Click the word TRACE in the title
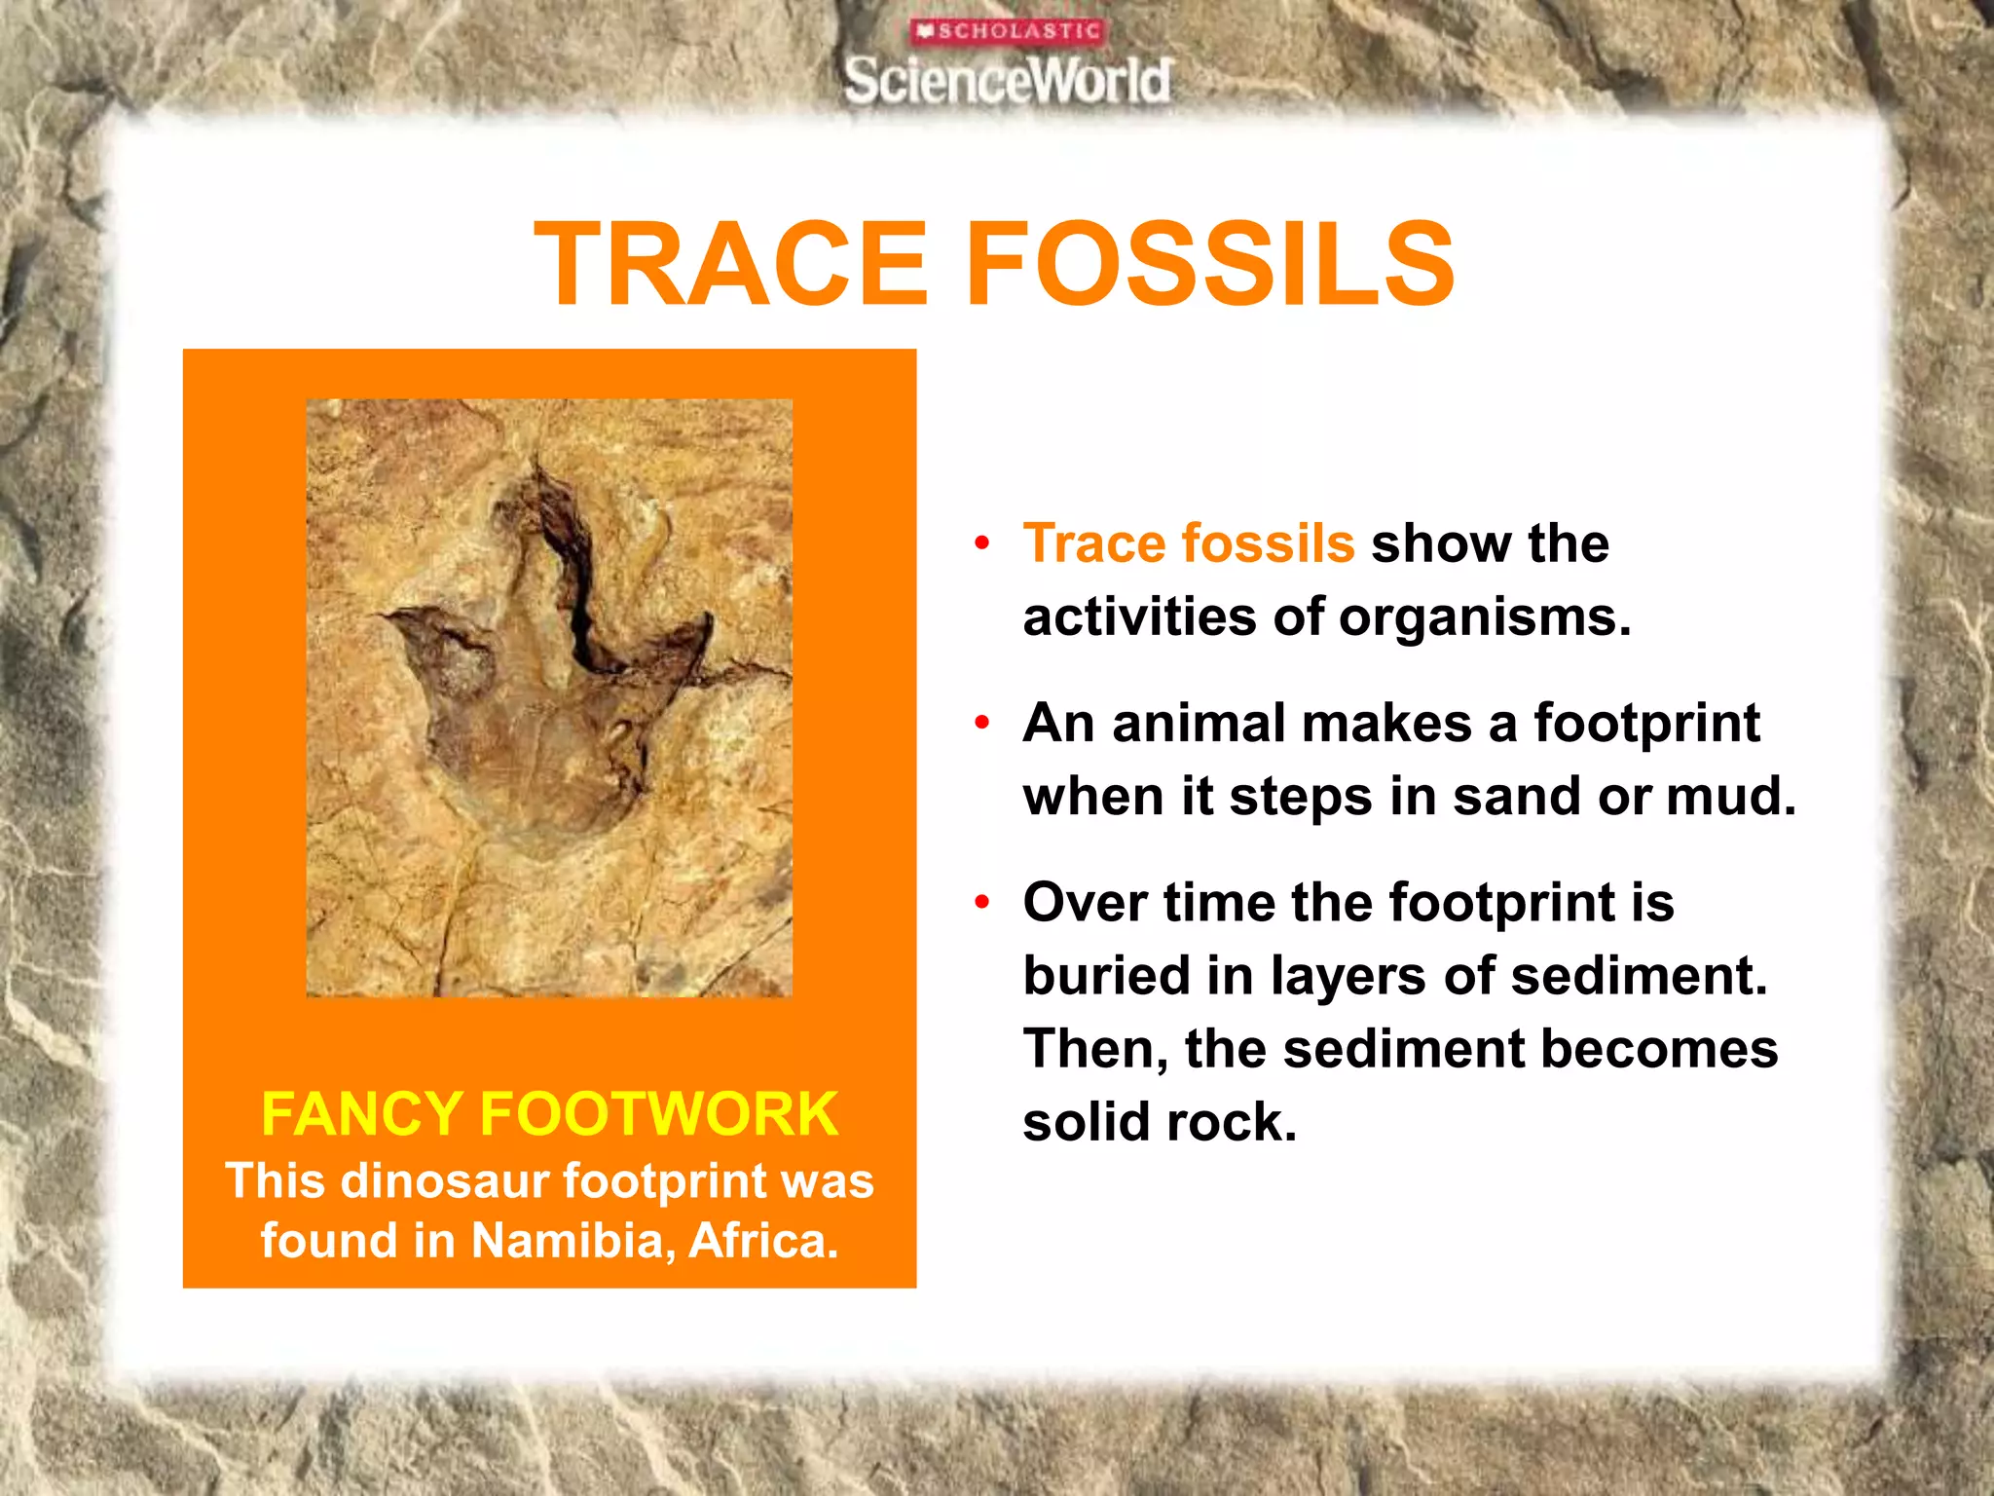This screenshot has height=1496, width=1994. [x=730, y=264]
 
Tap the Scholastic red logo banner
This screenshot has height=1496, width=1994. [x=1008, y=31]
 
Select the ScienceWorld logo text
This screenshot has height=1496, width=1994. [x=1008, y=80]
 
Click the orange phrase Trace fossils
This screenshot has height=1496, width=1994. [x=1188, y=543]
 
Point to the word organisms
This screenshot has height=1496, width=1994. [x=1484, y=617]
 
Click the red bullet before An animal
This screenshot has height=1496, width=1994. [x=982, y=723]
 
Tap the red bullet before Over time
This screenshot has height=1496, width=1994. [x=982, y=902]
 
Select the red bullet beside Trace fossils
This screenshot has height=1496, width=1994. [x=982, y=542]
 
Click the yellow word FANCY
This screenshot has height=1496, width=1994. [x=361, y=1114]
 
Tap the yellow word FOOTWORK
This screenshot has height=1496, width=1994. [x=658, y=1114]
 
